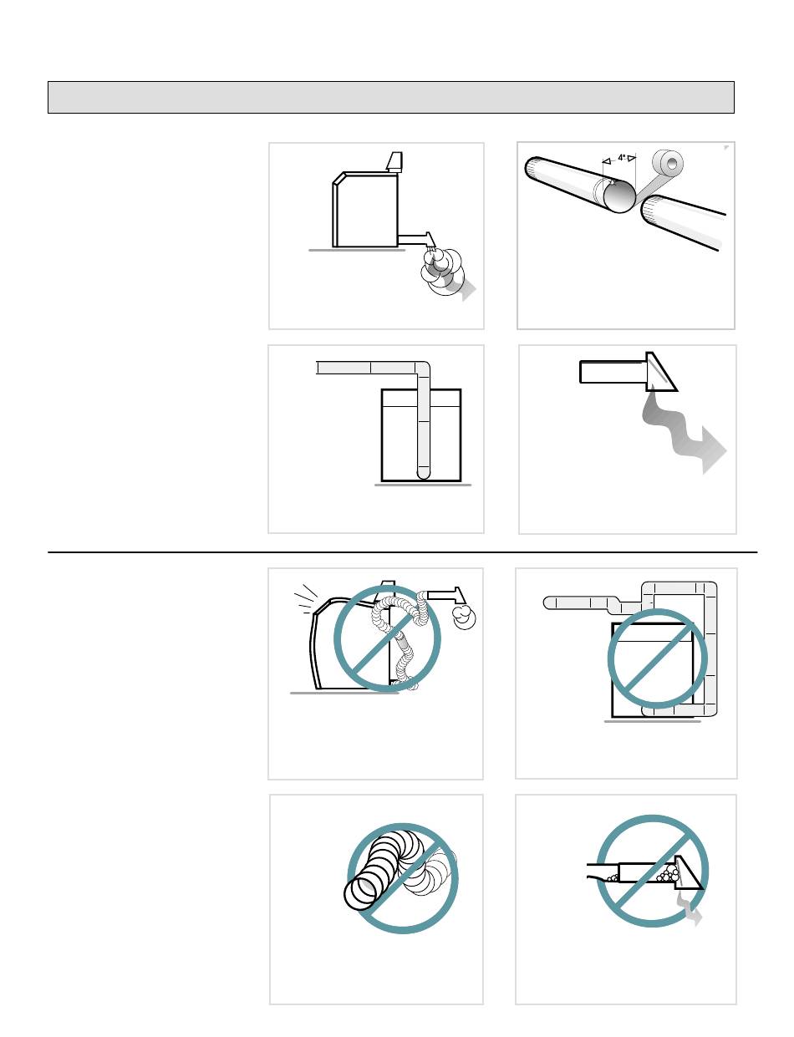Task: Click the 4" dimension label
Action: (621, 157)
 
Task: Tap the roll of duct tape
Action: (667, 164)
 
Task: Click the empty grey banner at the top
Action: (390, 98)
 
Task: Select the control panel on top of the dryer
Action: (394, 162)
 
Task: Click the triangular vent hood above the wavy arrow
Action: (660, 372)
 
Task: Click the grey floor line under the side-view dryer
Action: (357, 250)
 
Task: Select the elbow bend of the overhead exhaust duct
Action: (422, 369)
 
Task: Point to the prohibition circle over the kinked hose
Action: (387, 638)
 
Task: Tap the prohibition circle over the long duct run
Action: (657, 658)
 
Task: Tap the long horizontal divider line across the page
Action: (402, 552)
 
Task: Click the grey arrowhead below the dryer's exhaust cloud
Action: (467, 290)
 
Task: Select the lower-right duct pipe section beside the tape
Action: (682, 223)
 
